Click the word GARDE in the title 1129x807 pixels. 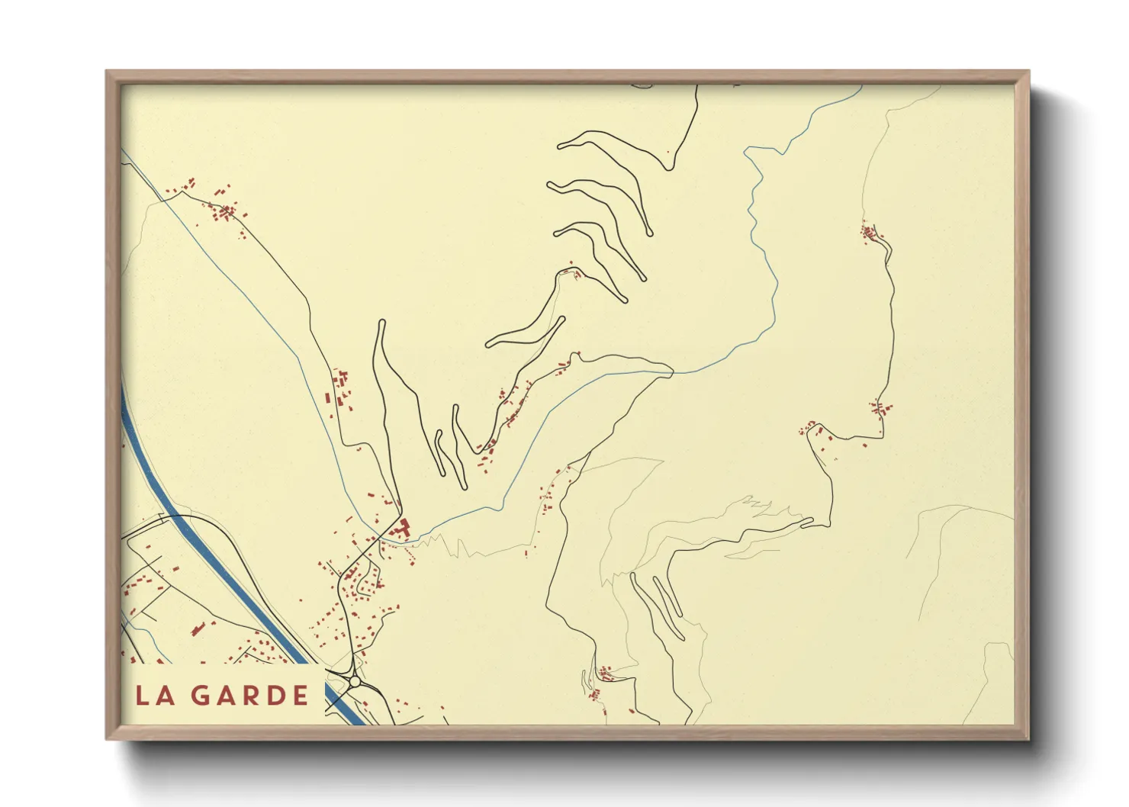tap(249, 695)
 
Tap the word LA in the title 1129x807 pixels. tap(154, 695)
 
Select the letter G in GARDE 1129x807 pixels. tap(200, 695)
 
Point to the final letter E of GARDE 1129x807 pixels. tap(300, 695)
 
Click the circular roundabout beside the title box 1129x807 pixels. tap(354, 681)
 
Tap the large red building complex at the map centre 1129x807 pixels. tap(400, 527)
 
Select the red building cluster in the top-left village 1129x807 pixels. tap(225, 210)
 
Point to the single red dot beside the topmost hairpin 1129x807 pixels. tap(668, 152)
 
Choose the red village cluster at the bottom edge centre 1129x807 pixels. tap(603, 674)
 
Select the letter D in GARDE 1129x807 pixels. tap(275, 695)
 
